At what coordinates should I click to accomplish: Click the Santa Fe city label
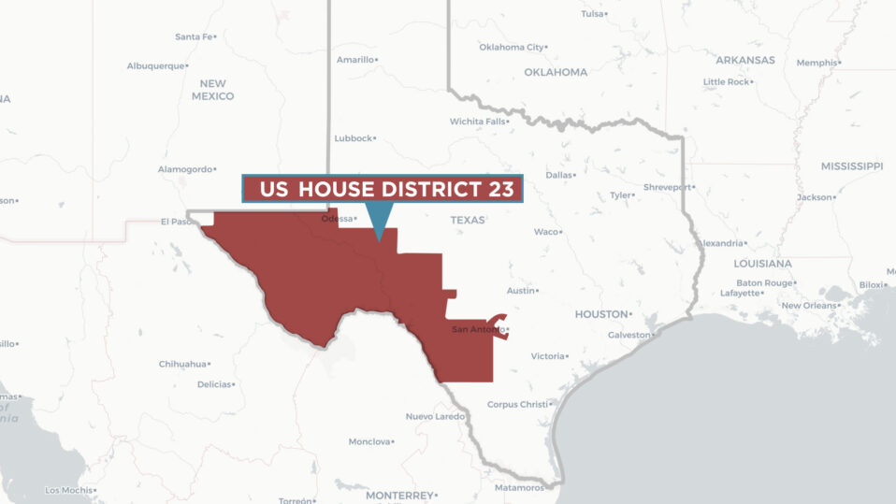tap(194, 36)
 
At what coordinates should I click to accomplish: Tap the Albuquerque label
tap(155, 65)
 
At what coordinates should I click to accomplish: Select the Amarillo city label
tap(355, 60)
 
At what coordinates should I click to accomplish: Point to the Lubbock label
tap(354, 138)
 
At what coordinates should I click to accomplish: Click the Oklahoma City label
tap(511, 47)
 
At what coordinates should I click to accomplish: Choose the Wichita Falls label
tap(477, 122)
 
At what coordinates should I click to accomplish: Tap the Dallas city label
tap(558, 175)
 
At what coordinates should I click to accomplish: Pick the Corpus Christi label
tap(516, 404)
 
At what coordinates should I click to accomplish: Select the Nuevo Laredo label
tap(433, 416)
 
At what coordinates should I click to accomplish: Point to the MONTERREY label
tap(398, 495)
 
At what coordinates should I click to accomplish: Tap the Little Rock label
tap(726, 82)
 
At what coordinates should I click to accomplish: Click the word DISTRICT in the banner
tap(428, 190)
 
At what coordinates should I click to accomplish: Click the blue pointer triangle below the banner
tap(378, 221)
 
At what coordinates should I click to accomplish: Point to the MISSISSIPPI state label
tap(851, 166)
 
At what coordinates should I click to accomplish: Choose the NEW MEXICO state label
tap(212, 90)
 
